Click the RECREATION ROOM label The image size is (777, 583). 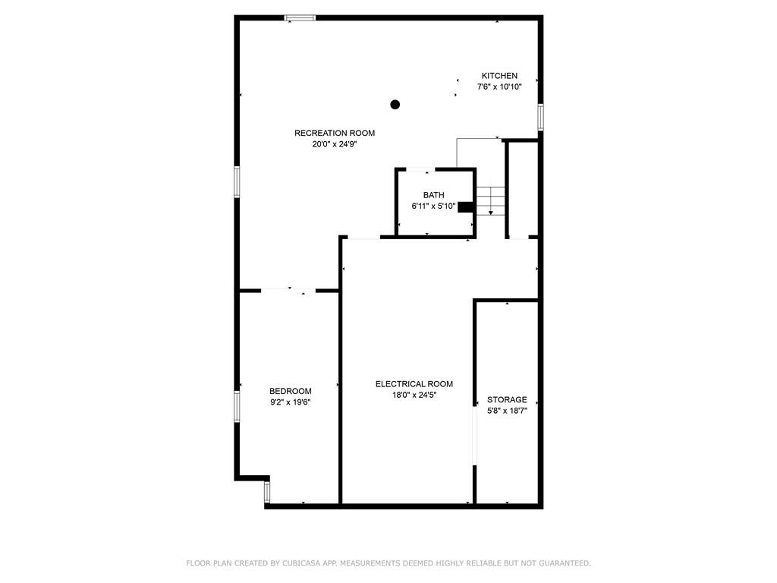point(335,133)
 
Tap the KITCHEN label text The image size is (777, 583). point(499,76)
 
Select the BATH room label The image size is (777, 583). point(433,195)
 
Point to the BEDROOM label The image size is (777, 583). point(291,391)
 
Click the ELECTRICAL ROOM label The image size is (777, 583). point(414,383)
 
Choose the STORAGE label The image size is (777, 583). point(507,399)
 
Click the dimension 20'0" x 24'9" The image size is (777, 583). point(335,144)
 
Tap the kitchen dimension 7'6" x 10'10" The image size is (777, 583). point(499,87)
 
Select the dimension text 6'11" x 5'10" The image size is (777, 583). point(433,206)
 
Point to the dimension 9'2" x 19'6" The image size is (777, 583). point(291,402)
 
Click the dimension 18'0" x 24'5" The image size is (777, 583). point(414,395)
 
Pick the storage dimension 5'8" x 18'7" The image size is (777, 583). point(507,411)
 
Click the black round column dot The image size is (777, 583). point(395,105)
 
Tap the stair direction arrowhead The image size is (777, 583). point(491,213)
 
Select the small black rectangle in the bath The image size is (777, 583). point(465,207)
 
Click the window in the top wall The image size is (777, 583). point(300,18)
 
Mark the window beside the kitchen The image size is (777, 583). point(540,117)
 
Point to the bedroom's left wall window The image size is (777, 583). point(237,407)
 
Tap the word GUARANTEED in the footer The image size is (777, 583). point(565,563)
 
